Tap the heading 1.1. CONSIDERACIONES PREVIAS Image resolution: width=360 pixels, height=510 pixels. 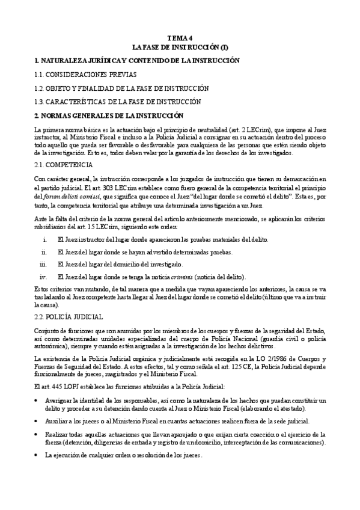pos(85,75)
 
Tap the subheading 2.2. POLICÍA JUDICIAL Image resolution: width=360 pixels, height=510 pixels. pos(69,316)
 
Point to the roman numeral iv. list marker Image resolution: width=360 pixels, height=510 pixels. pos(43,277)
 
